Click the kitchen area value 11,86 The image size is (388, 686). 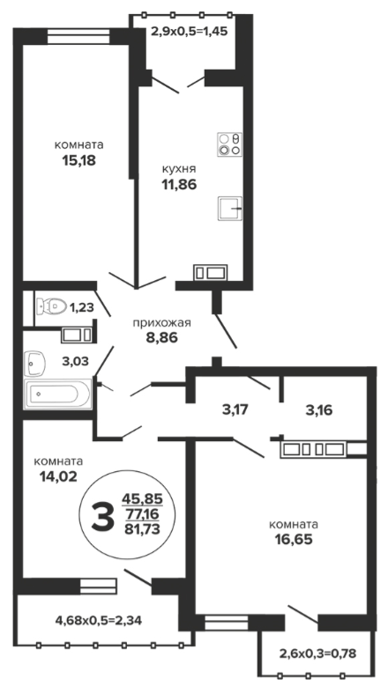click(x=179, y=184)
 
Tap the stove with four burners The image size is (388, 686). click(x=230, y=144)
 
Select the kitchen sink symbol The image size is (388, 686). click(x=230, y=209)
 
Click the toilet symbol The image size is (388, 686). click(x=51, y=305)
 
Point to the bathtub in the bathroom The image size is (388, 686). click(x=58, y=394)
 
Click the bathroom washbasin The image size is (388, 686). click(x=35, y=363)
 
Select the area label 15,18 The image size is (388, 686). click(x=78, y=160)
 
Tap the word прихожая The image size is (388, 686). click(x=161, y=323)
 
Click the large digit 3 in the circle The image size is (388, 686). click(x=103, y=516)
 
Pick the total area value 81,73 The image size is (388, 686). click(x=142, y=529)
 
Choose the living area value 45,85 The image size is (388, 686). click(x=142, y=498)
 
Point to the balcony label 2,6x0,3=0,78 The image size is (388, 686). click(x=318, y=653)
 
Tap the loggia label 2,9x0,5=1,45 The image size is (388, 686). click(x=190, y=32)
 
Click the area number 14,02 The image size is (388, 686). click(x=58, y=476)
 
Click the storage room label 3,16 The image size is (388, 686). click(x=318, y=410)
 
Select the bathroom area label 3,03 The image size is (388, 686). click(x=74, y=361)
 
